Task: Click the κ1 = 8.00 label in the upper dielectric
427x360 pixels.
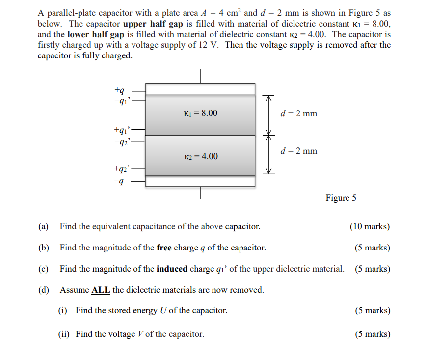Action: tap(200, 113)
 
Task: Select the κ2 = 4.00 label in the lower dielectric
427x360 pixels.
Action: tap(201, 156)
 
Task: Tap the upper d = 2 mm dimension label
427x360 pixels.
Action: tap(298, 113)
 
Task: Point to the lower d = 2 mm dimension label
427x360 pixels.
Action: tap(298, 151)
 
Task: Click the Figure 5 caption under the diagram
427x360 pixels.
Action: tap(341, 198)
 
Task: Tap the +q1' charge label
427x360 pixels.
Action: tap(121, 131)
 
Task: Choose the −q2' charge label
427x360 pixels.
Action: tap(121, 141)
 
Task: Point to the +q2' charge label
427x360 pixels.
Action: tap(121, 168)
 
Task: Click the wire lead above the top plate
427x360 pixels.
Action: tap(200, 76)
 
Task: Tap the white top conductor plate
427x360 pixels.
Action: tap(200, 89)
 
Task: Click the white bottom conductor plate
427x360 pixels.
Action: tap(200, 181)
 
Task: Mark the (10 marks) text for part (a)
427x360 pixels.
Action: tap(370, 226)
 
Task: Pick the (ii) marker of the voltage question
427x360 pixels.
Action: tap(64, 334)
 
